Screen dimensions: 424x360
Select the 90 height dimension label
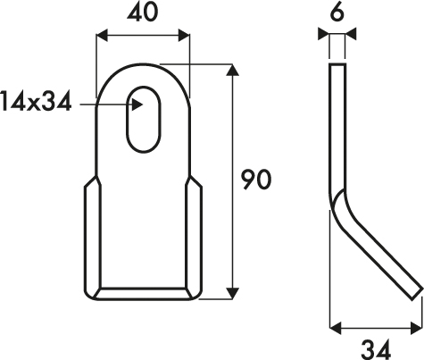256,180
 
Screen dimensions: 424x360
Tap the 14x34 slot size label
36,102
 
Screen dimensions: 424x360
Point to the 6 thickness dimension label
337,13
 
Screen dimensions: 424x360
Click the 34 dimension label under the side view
376,349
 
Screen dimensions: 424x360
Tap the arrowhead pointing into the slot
137,105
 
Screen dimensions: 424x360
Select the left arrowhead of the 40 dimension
102,36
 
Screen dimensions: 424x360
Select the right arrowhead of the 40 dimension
184,36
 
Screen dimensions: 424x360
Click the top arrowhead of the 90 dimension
232,70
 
